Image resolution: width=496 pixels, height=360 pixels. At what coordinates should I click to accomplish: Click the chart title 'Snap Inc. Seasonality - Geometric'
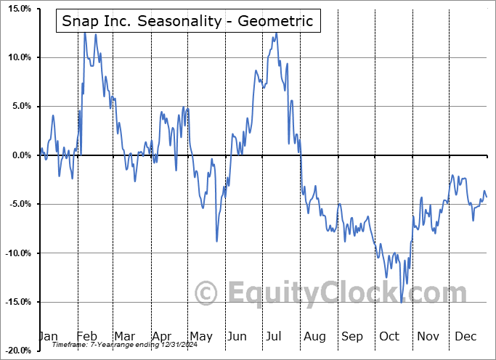(x=187, y=21)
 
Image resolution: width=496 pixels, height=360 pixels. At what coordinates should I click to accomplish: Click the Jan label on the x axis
(x=48, y=336)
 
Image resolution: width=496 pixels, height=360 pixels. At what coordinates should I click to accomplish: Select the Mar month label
(x=124, y=336)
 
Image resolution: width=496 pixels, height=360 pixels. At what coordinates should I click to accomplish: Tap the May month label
(x=200, y=336)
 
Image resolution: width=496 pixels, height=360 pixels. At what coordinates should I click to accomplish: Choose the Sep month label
(x=352, y=336)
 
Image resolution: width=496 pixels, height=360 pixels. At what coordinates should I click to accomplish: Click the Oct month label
(x=390, y=336)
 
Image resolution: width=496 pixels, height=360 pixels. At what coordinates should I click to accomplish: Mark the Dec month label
(x=465, y=336)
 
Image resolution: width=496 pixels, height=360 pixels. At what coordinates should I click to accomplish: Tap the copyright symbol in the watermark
(x=207, y=293)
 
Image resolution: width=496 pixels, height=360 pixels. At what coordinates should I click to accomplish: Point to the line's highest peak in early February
(x=84, y=33)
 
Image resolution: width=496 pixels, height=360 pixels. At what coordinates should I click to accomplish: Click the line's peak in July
(x=277, y=33)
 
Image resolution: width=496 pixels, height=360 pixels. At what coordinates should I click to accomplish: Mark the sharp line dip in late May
(x=216, y=241)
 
